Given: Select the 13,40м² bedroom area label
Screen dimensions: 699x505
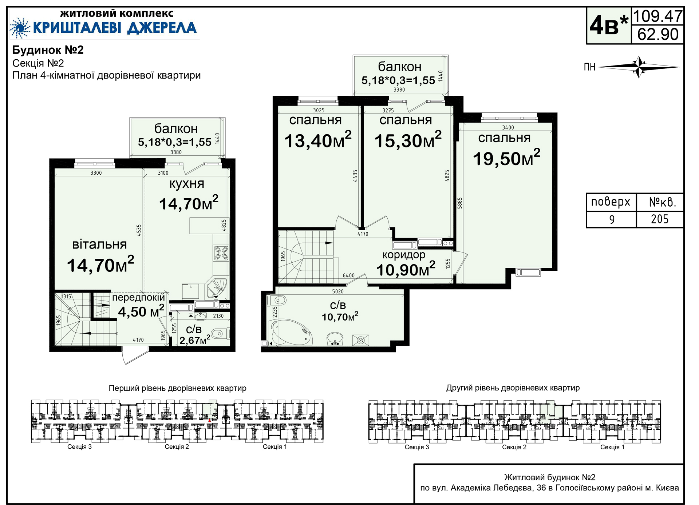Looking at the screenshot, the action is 318,140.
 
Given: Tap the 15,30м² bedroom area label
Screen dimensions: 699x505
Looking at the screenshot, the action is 408,140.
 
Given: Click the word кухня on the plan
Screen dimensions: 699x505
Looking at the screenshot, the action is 187,184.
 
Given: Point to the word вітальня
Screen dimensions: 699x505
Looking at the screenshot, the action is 100,244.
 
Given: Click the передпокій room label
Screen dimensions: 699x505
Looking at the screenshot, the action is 138,298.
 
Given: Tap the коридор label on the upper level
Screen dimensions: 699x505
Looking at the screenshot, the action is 404,255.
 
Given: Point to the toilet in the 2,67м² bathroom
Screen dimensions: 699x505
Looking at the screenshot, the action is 220,333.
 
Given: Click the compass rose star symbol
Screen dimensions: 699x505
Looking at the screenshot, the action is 639,67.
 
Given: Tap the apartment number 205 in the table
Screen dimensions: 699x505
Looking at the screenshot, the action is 660,219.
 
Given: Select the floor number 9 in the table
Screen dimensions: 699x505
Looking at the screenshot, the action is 612,219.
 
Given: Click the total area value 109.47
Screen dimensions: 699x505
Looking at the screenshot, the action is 657,16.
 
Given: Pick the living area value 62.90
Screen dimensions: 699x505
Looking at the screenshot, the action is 658,34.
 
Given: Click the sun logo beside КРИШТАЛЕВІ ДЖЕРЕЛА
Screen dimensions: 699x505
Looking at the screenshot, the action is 20,28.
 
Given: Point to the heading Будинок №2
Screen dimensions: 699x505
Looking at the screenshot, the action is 48,50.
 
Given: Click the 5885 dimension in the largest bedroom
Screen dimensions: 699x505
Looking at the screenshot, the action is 460,203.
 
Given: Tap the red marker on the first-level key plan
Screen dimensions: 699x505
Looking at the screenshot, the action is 210,420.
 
